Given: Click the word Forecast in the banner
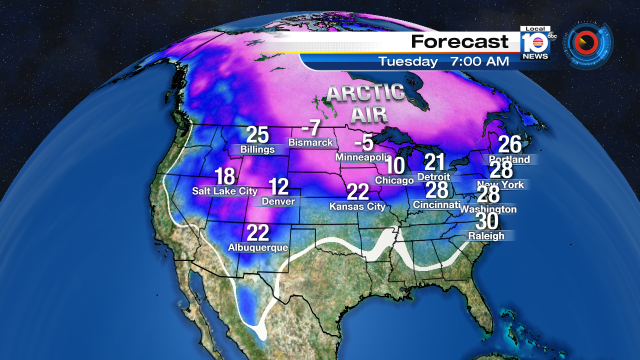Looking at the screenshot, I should tap(459, 42).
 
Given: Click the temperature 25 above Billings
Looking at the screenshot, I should tap(258, 135).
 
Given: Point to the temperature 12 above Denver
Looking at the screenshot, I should tap(279, 186).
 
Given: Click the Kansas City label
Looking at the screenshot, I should tap(357, 207).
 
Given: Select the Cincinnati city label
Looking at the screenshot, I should tap(436, 205).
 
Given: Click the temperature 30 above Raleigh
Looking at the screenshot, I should tap(490, 222).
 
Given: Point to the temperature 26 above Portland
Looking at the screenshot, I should tap(510, 144).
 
